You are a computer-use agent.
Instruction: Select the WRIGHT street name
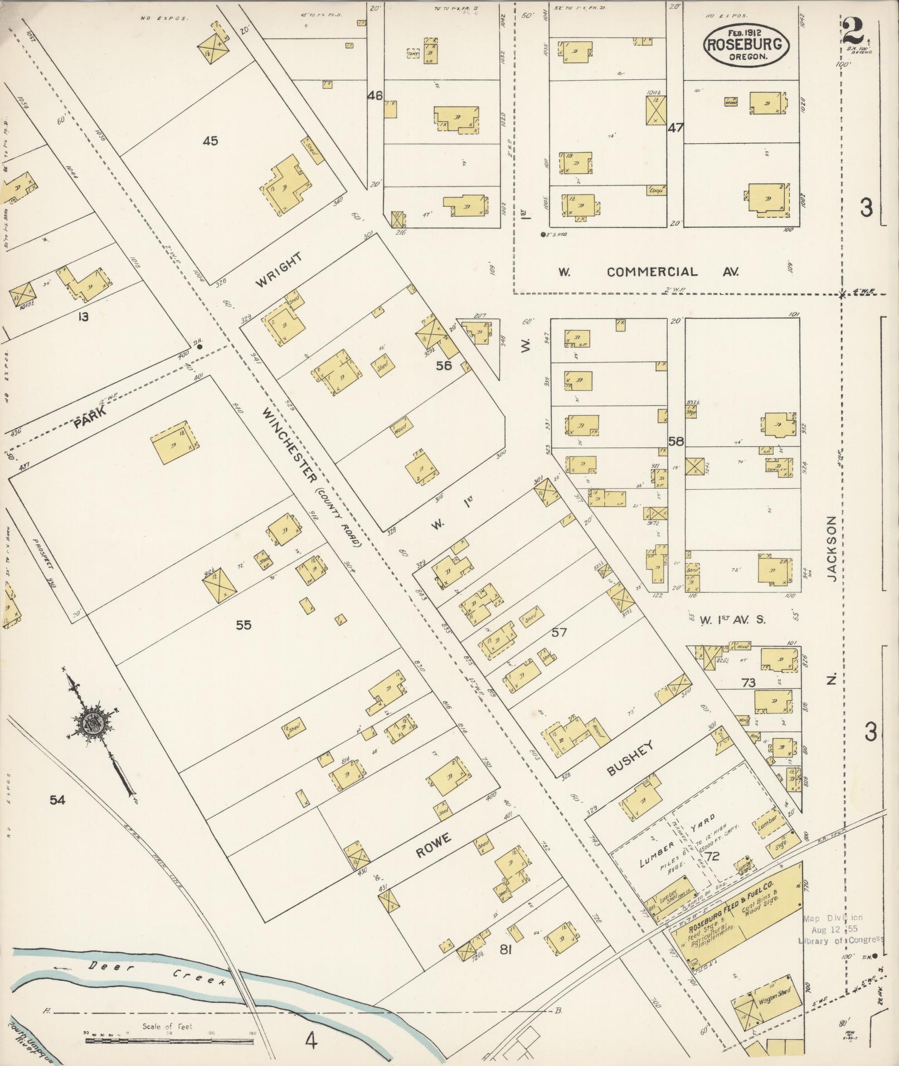click(279, 270)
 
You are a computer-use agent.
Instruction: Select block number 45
click(210, 141)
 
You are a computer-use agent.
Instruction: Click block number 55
click(243, 625)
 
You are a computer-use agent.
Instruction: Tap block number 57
click(559, 631)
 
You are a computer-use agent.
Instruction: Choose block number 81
click(506, 951)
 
